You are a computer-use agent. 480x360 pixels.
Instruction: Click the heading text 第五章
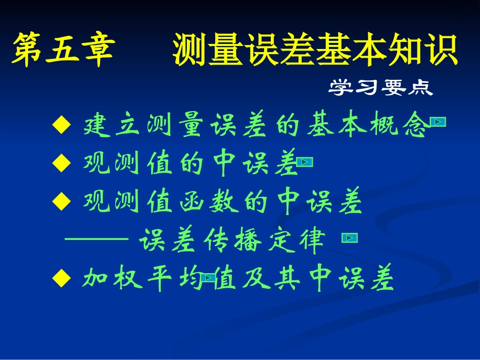click(x=63, y=50)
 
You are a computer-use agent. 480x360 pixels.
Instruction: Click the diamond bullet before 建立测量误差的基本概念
click(x=60, y=125)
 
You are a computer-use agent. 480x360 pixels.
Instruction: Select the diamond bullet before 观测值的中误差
click(x=60, y=163)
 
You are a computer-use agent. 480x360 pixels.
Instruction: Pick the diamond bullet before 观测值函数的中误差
click(x=60, y=202)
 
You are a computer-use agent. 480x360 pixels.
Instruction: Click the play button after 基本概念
click(x=438, y=122)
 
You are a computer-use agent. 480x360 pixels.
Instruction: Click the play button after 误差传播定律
click(x=350, y=238)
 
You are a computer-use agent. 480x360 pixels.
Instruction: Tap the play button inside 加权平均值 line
click(x=209, y=277)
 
